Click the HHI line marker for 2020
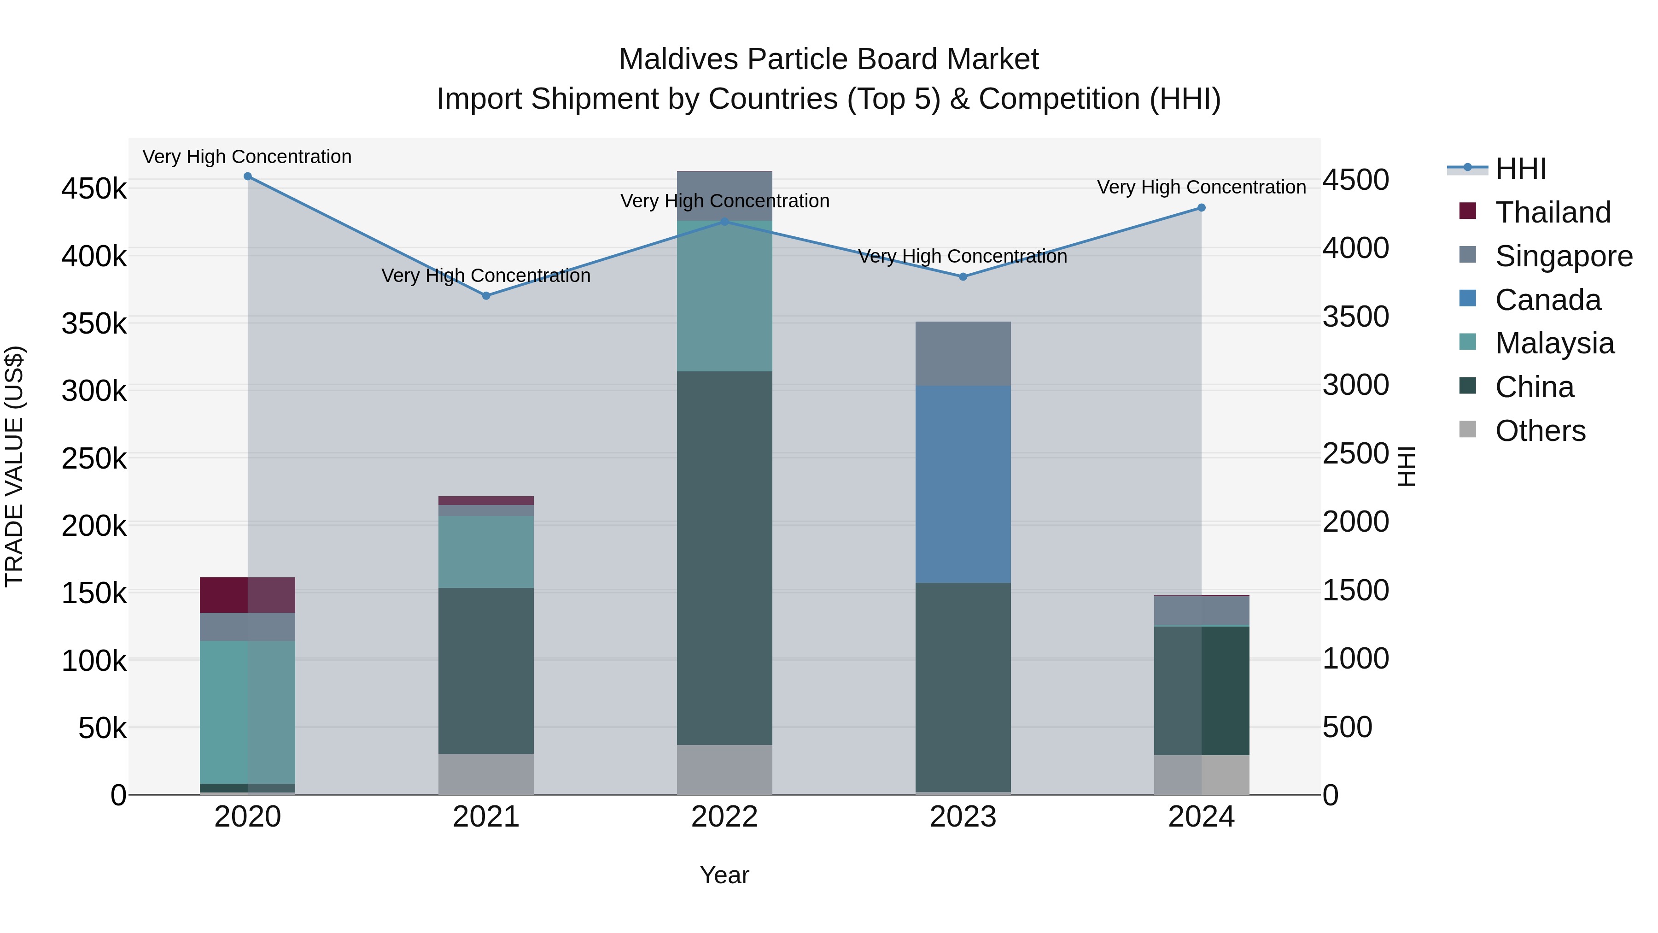tap(248, 176)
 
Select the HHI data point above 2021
tap(486, 295)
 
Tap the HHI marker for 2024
tap(1201, 208)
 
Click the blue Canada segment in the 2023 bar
tap(963, 484)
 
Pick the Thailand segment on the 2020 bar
tap(248, 595)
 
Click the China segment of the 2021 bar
tap(486, 670)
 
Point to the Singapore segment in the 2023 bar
tap(963, 353)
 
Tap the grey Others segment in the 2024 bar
tap(1201, 775)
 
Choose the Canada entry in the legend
tap(1547, 300)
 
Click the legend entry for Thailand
tap(1553, 212)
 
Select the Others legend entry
tap(1540, 431)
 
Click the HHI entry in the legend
tap(1520, 169)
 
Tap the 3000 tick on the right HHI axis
tap(1355, 385)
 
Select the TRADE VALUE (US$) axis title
tap(14, 466)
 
